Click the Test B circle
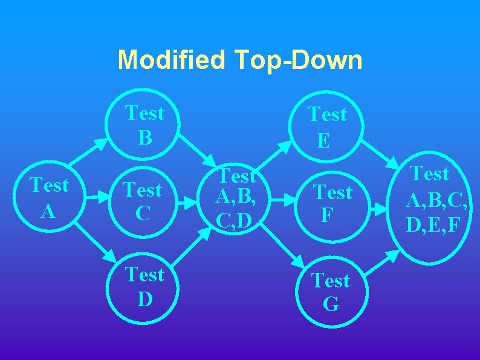click(144, 125)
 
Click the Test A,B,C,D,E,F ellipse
click(431, 200)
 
